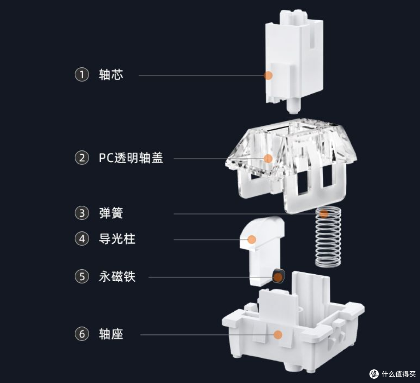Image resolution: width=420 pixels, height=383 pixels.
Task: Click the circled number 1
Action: tap(82, 74)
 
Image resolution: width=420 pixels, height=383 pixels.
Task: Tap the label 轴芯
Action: tap(111, 74)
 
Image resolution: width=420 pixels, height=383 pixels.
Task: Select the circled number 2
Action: tap(82, 158)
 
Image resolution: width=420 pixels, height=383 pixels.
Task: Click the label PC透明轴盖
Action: tap(131, 158)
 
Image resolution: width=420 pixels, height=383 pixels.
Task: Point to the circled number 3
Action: tap(82, 213)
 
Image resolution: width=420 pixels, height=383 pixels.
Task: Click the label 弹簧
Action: tap(111, 213)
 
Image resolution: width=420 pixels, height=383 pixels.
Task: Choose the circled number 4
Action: tap(82, 238)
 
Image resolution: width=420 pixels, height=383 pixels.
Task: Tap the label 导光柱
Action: tap(117, 238)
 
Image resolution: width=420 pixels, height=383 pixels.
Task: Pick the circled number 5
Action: tap(82, 277)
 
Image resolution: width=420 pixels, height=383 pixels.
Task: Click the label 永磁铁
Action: tap(117, 277)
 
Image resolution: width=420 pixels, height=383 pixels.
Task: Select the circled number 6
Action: tap(82, 334)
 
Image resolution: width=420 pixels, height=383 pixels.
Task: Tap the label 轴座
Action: tap(111, 334)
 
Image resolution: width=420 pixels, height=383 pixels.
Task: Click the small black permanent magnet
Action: tap(278, 276)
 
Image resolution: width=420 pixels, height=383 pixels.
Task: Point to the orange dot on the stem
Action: tap(268, 75)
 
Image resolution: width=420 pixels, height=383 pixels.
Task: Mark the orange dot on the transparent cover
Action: tap(268, 158)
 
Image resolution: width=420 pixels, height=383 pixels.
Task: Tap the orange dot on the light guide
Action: tap(252, 239)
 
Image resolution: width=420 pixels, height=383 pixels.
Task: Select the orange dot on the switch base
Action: tap(278, 334)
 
